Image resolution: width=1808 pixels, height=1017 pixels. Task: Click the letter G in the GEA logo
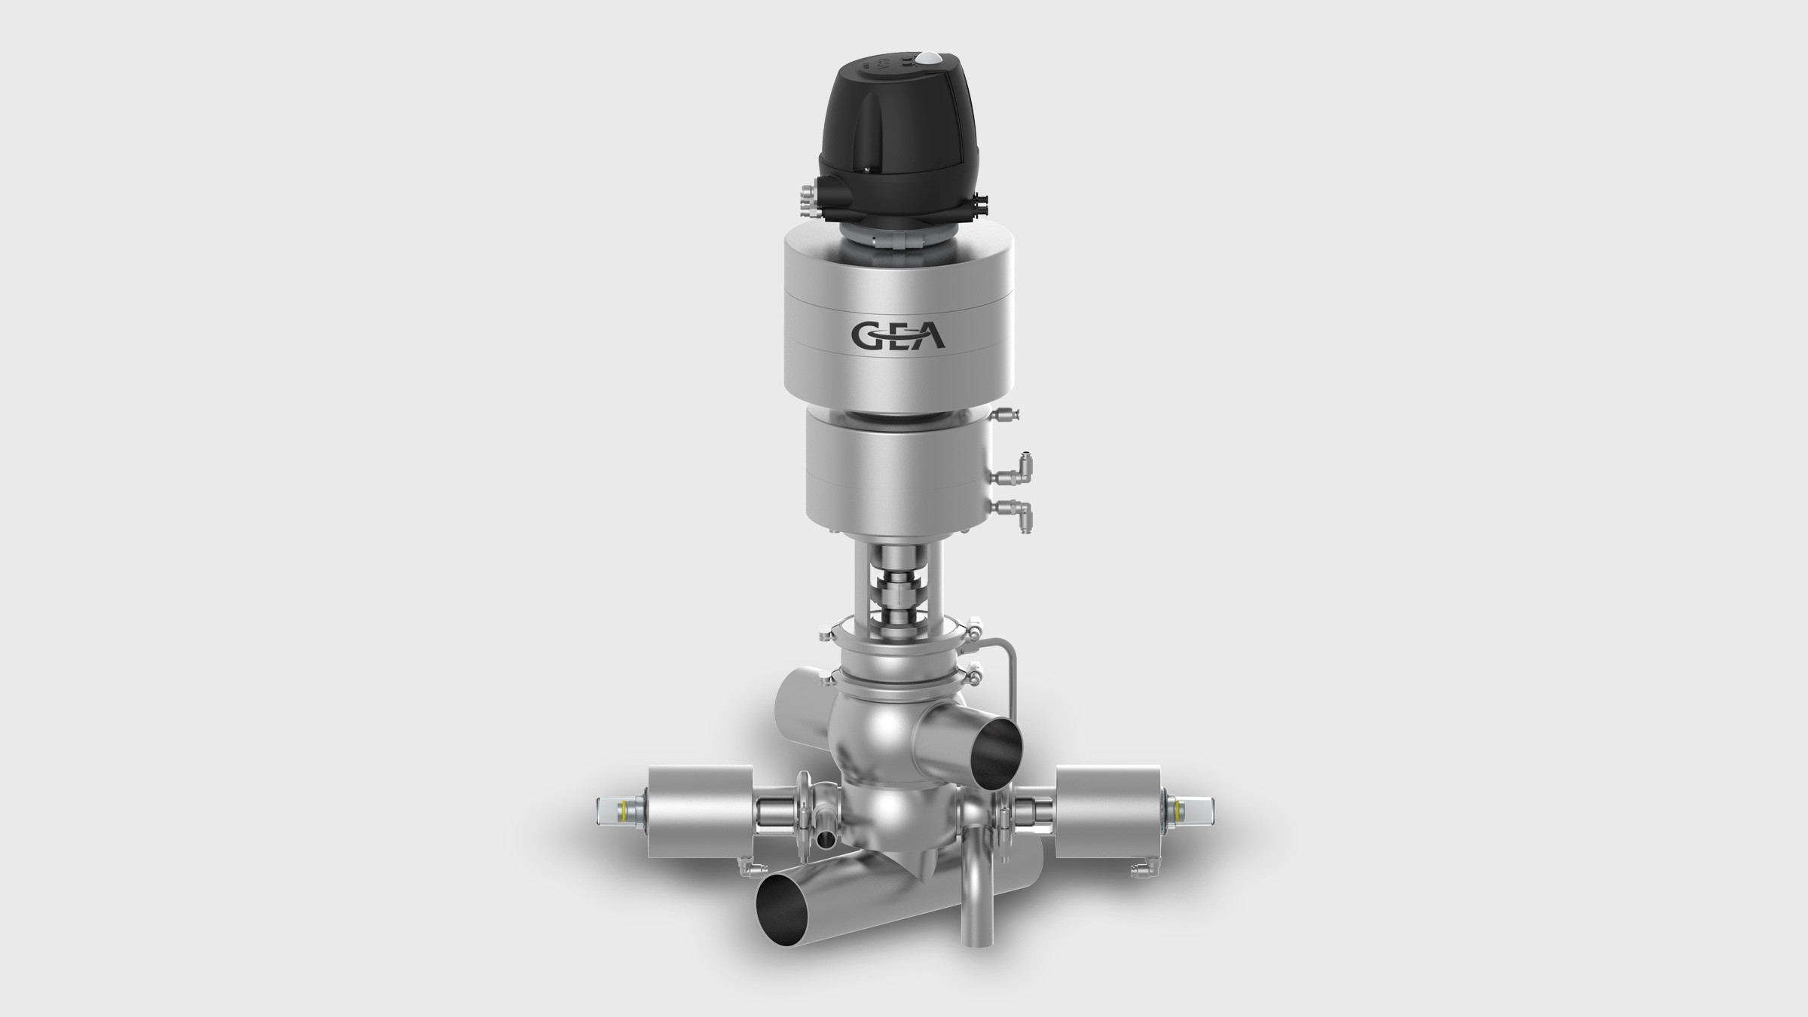point(866,335)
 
